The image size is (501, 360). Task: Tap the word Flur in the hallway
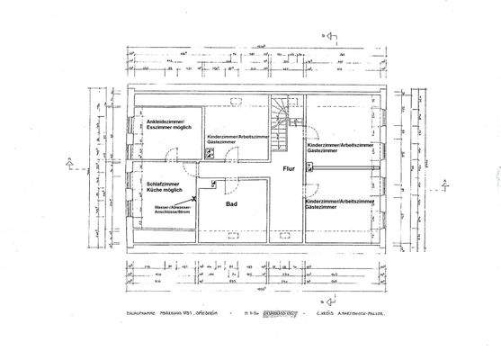click(289, 168)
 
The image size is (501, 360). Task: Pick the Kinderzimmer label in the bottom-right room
click(340, 202)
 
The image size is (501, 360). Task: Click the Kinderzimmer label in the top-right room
click(340, 144)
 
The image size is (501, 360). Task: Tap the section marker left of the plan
click(69, 164)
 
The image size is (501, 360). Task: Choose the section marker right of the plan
click(445, 184)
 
